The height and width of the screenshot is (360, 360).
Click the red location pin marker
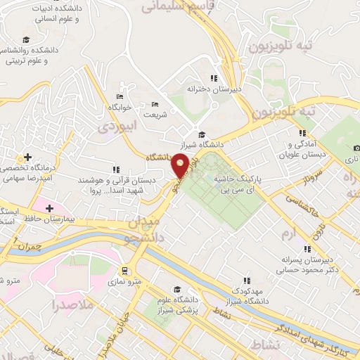(181, 165)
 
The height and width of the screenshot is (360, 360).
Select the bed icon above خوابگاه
(119, 96)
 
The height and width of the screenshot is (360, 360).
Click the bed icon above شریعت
(155, 103)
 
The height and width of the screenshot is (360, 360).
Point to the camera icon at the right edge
(356, 148)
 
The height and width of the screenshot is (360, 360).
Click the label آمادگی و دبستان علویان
(303, 148)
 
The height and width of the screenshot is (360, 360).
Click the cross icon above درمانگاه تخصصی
(27, 157)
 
